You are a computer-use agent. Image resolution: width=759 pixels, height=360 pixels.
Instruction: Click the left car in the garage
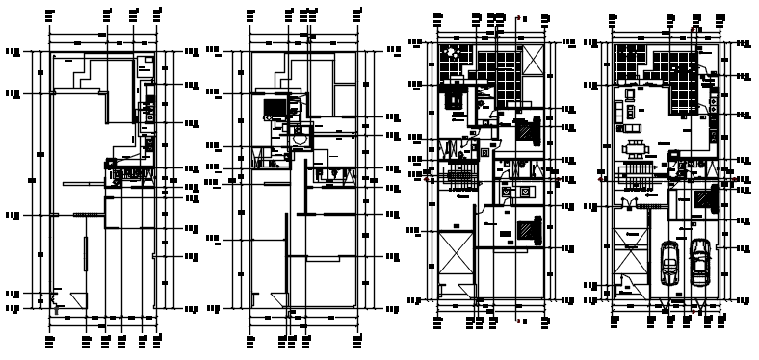pyautogui.click(x=670, y=261)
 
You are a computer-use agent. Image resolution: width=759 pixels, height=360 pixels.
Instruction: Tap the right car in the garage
pyautogui.click(x=701, y=261)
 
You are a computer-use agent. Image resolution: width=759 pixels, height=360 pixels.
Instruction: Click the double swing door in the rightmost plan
pyautogui.click(x=631, y=203)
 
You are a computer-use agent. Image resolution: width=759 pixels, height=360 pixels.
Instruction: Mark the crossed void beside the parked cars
pyautogui.click(x=632, y=260)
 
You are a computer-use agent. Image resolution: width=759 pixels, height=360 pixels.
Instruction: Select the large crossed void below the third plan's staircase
pyautogui.click(x=456, y=258)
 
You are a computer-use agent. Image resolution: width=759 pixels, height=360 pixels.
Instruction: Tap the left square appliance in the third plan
pyautogui.click(x=506, y=192)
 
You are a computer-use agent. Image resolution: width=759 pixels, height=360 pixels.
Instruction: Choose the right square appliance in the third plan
pyautogui.click(x=526, y=192)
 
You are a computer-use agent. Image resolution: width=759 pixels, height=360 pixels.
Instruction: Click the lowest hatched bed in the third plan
pyautogui.click(x=527, y=230)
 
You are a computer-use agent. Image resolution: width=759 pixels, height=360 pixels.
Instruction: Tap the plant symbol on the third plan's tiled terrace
pyautogui.click(x=448, y=54)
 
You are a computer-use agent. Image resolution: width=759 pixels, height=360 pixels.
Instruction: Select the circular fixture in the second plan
pyautogui.click(x=300, y=139)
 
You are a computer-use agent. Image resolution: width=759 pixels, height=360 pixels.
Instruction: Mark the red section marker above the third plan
pyautogui.click(x=518, y=18)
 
